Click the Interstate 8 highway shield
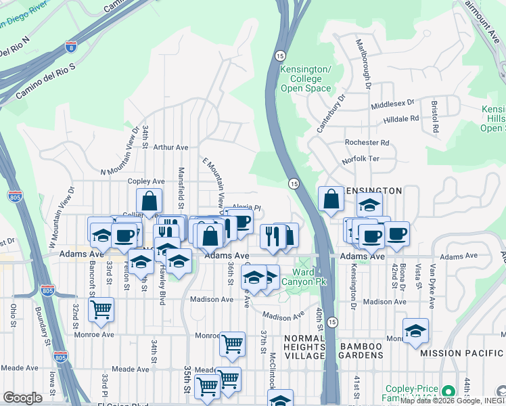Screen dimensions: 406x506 click(72, 47)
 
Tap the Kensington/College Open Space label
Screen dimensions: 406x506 click(306, 79)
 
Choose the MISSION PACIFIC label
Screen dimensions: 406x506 click(461, 353)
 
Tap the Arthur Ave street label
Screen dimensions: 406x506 click(170, 147)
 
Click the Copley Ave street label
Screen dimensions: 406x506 click(147, 181)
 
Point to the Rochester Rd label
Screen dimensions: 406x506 click(367, 143)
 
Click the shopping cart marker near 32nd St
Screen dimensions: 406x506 click(101, 309)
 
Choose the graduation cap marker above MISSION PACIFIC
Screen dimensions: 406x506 click(415, 331)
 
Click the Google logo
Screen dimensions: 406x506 click(22, 398)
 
